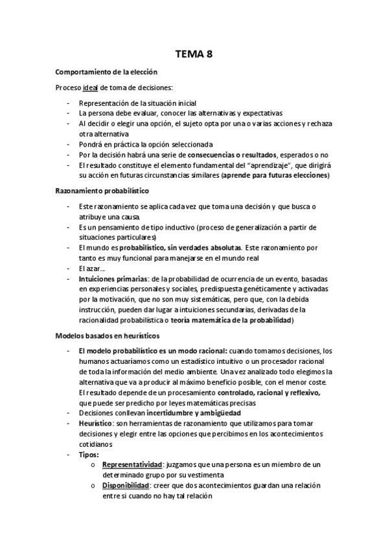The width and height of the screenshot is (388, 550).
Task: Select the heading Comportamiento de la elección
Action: pos(106,72)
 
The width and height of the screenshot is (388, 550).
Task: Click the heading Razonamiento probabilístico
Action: pos(102,191)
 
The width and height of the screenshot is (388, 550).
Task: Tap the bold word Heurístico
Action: pos(98,424)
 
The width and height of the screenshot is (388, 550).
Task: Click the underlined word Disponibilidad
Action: pos(127,486)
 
